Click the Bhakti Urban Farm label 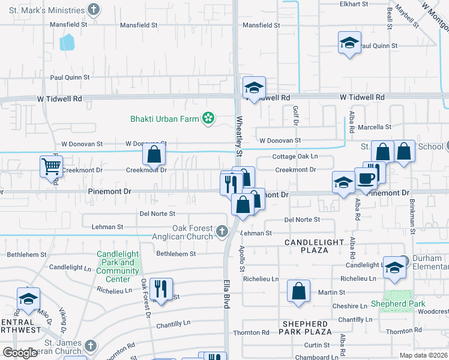point(164,119)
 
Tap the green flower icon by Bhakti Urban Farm point(208,119)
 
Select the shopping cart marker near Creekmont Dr point(51,166)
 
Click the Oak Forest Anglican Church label point(192,232)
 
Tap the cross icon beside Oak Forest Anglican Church point(222,232)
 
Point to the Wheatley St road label point(238,137)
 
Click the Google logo point(20,353)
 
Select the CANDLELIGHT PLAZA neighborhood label point(315,246)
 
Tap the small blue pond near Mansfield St point(67,42)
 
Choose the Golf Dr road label point(295,115)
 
